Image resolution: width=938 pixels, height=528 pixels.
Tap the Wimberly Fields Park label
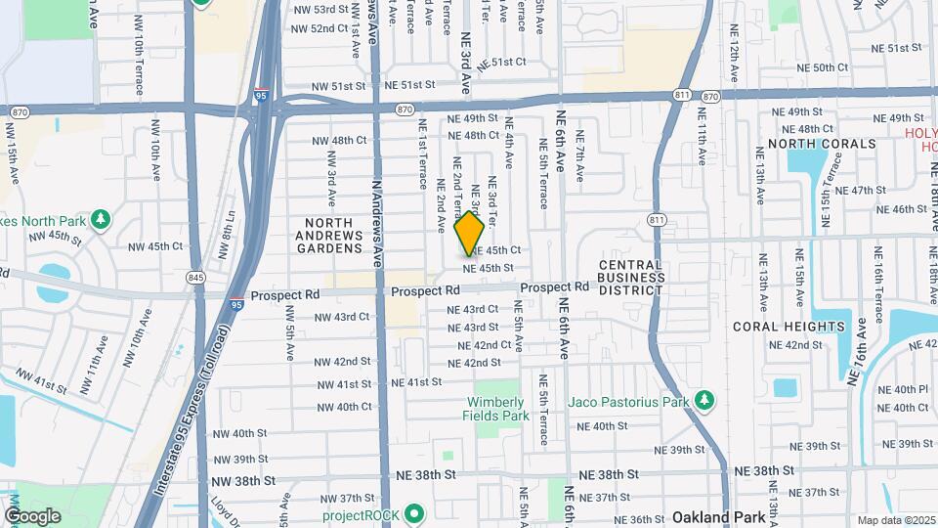click(496, 409)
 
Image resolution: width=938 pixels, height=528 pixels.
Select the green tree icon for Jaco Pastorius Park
click(702, 400)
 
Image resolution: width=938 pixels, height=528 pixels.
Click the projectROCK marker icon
click(414, 512)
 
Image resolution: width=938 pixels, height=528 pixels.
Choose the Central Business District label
click(630, 277)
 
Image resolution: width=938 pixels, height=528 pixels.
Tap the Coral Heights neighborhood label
click(802, 327)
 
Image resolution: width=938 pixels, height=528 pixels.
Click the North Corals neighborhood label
click(822, 144)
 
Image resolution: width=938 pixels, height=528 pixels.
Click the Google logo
click(33, 515)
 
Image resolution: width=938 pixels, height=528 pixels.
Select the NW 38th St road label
click(241, 481)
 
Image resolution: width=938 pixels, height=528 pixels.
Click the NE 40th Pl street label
click(903, 389)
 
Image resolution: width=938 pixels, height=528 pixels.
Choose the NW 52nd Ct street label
click(309, 28)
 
